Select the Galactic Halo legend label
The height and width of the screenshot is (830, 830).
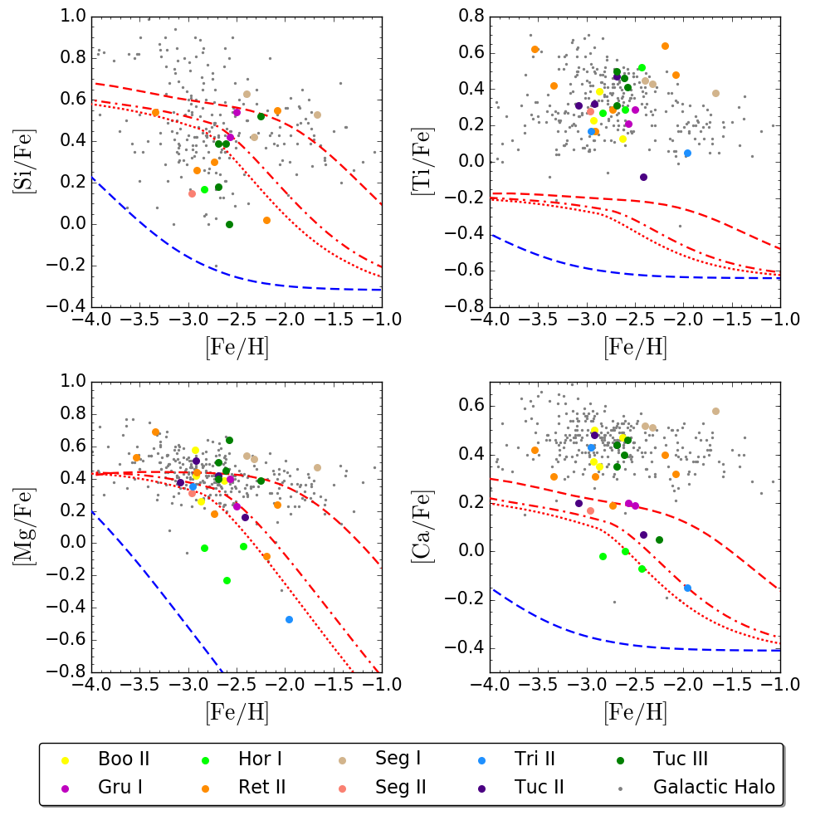point(714,786)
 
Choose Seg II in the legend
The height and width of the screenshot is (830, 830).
point(402,786)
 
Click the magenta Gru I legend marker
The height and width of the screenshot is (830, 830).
point(65,786)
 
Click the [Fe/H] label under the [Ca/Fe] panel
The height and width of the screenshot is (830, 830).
point(635,711)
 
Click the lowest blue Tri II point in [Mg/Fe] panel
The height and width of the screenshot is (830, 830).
point(289,619)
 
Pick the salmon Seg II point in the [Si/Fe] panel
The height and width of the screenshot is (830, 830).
point(192,193)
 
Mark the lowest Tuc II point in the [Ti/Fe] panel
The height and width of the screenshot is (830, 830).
point(643,177)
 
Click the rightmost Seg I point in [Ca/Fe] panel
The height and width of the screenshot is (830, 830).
point(715,411)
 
